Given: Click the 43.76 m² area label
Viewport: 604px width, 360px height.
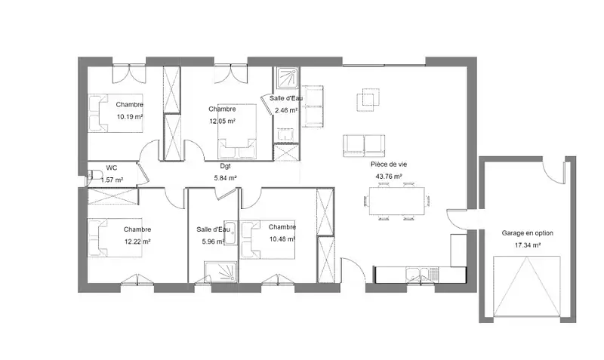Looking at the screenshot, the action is pos(389,177).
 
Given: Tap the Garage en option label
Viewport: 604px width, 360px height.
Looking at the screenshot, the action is pos(527,233).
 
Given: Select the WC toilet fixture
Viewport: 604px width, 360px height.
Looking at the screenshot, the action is pos(91,177).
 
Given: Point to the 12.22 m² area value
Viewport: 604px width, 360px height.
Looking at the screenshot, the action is pos(137,242).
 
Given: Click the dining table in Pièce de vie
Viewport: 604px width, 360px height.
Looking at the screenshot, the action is pos(397,201).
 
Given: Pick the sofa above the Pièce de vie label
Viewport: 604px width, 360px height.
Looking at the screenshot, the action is pos(364,146).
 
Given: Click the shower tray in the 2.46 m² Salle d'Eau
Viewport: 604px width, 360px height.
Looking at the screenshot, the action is pos(287,79).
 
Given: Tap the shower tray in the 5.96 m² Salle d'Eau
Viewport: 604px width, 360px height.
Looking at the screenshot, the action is pos(220,272).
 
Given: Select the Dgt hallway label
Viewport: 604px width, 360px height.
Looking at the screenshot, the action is pos(225,166).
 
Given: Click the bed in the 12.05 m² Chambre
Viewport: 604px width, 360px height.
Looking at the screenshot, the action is pos(237,131).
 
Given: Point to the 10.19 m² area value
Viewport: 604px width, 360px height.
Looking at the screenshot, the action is pos(130,117).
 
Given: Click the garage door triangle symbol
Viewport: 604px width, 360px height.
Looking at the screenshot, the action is pos(527,287).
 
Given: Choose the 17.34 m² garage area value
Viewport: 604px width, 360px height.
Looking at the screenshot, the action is pos(527,245).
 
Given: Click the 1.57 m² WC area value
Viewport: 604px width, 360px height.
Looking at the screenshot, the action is pos(112,180).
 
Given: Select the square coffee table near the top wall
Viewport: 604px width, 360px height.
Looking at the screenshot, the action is pos(368,100).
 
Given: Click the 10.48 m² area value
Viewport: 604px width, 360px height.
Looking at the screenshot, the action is pos(282,239).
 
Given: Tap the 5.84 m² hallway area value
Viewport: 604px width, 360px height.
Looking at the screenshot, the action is pos(225,178).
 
